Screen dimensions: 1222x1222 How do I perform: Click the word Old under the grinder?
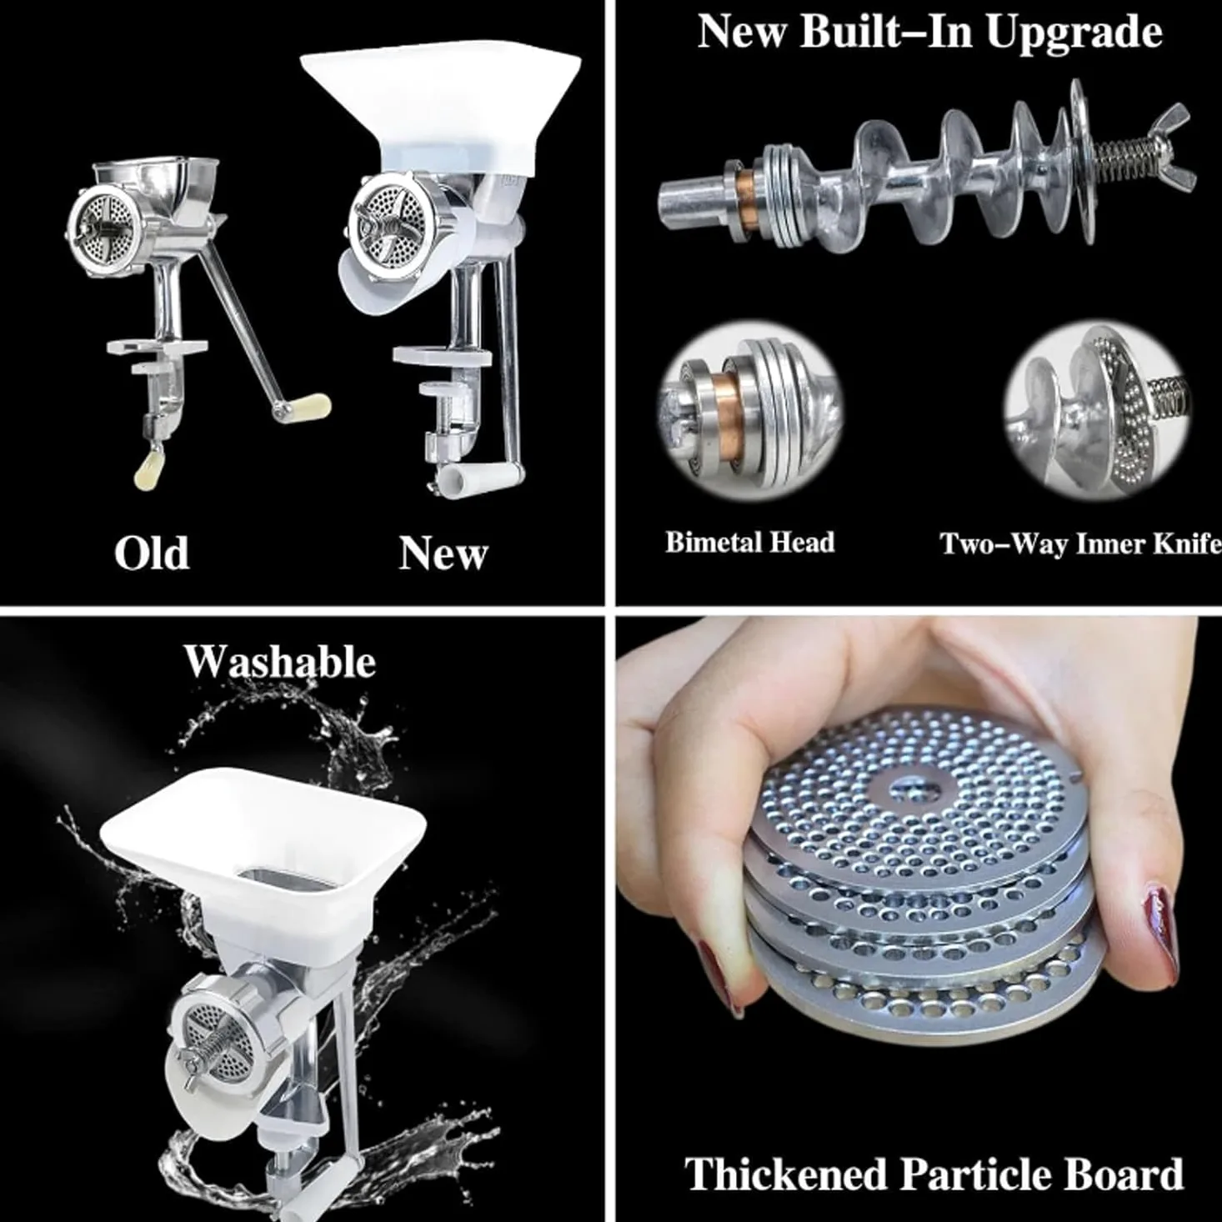[152, 553]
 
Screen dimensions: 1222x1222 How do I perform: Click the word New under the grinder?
[443, 553]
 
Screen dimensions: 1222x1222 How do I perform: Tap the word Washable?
[279, 662]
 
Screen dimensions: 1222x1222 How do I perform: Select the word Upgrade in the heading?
[1074, 33]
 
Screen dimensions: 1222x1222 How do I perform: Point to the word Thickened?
[786, 1174]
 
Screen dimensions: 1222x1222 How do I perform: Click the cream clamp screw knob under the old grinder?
[147, 468]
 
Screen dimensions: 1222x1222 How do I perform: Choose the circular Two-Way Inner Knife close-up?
[1097, 412]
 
